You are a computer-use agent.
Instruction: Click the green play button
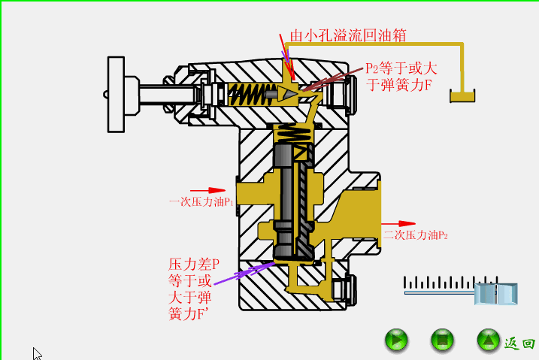point(396,340)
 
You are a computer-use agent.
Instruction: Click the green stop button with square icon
point(442,340)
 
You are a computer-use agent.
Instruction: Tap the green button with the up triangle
point(488,340)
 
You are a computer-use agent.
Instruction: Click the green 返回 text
point(519,343)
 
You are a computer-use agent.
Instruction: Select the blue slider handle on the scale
point(497,293)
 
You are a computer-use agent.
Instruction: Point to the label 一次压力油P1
point(201,202)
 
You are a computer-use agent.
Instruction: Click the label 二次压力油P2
point(415,235)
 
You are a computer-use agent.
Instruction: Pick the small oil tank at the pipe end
point(463,96)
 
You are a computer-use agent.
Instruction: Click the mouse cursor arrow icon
point(37,353)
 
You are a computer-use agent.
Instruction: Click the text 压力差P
point(194,265)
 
